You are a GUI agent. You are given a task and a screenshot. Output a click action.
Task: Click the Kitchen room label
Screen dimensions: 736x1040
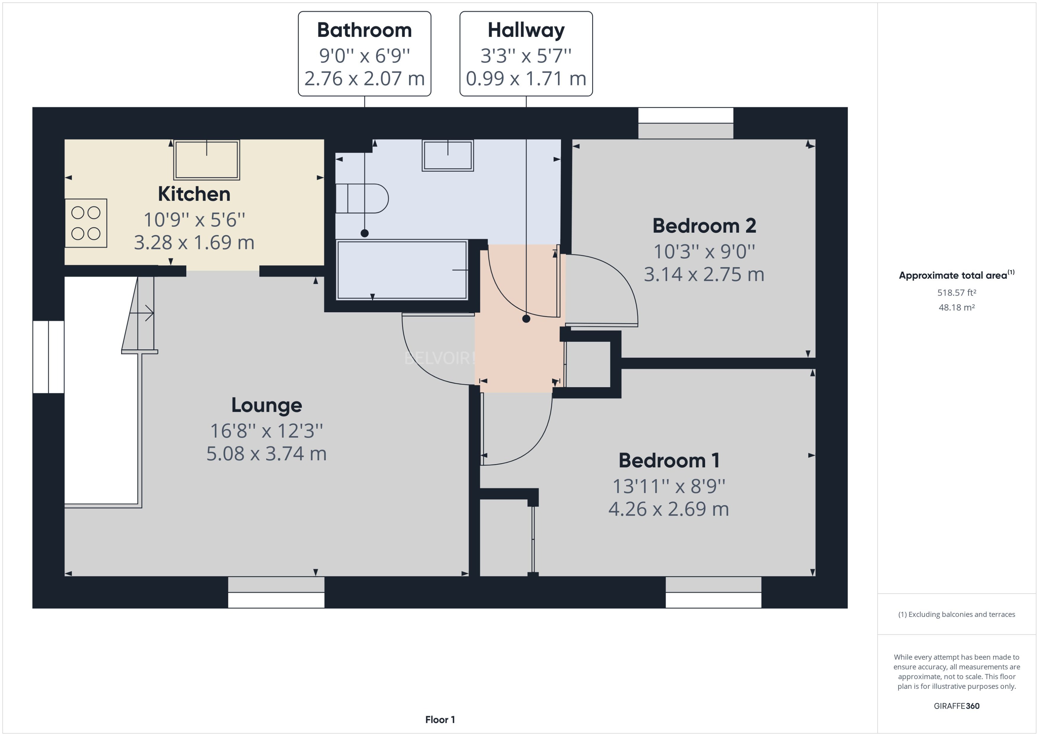coord(194,194)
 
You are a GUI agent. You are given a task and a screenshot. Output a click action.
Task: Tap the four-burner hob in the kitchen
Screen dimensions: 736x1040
coord(86,223)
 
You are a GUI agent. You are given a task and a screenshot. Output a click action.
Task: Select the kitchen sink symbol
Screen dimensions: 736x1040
coord(207,160)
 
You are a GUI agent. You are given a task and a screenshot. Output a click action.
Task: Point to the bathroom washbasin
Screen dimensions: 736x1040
coord(448,155)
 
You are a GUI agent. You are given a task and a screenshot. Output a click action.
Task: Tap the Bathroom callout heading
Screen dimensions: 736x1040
coord(364,30)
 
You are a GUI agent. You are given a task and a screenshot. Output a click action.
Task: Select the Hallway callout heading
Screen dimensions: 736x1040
coord(526,30)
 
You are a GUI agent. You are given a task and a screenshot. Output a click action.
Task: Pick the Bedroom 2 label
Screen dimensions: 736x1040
coord(704,226)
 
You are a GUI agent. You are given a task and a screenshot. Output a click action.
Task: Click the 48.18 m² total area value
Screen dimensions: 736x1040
coord(957,307)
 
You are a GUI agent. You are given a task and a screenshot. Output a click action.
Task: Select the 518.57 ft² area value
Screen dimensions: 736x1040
coord(957,293)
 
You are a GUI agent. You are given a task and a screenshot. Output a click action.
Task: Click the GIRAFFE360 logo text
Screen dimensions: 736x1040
coord(957,706)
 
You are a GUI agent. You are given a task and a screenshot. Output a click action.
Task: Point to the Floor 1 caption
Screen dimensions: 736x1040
coord(439,719)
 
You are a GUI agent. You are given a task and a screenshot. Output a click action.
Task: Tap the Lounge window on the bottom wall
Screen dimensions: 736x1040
coord(276,592)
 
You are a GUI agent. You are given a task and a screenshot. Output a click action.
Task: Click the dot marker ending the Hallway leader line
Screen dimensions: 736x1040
coord(526,319)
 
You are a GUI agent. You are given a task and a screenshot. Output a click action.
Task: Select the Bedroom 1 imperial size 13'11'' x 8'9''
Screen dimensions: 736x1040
coord(669,486)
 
